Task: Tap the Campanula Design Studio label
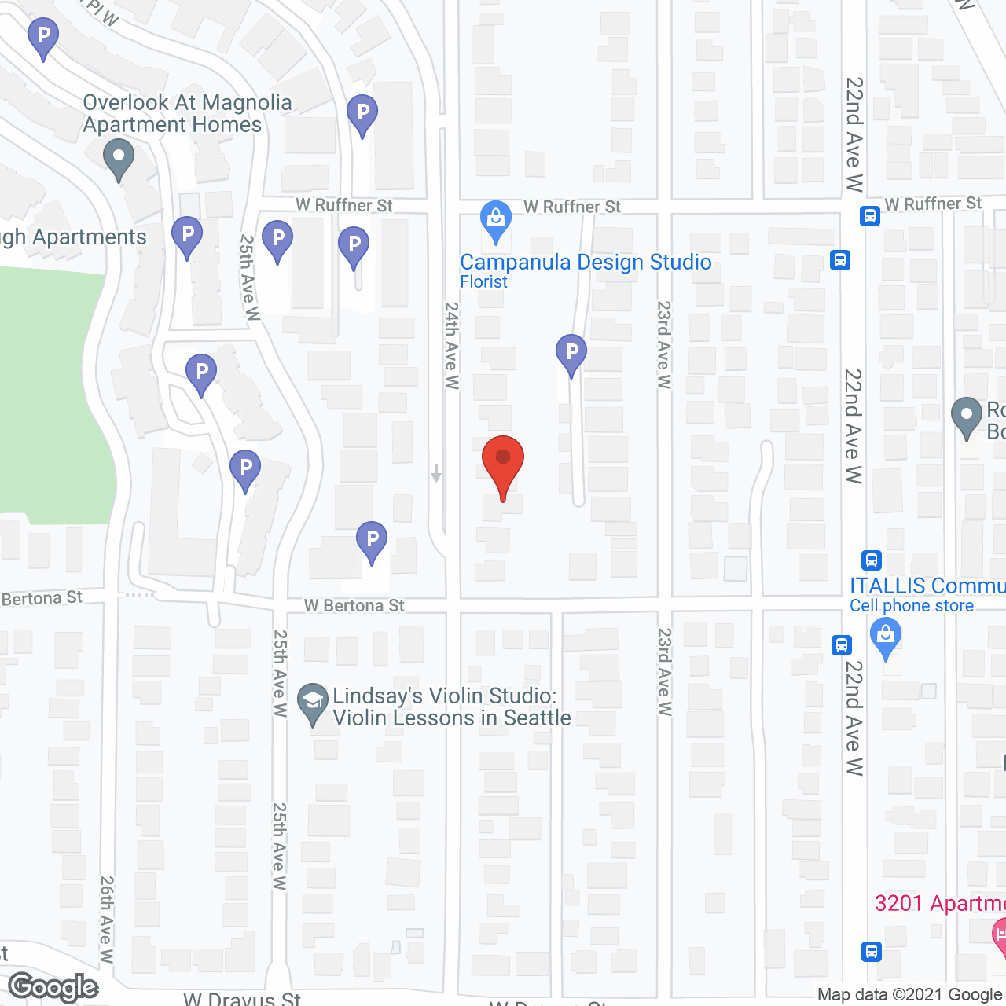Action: pos(586,262)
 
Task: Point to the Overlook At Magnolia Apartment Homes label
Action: pos(187,114)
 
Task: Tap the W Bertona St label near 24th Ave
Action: pos(354,605)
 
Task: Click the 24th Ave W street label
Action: pos(451,346)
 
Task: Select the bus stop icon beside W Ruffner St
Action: pos(869,215)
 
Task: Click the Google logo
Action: pos(53,987)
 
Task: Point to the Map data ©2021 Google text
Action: pos(910,995)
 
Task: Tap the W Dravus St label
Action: pos(242,998)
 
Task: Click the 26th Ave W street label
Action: pos(107,920)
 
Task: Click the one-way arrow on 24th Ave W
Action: pos(436,473)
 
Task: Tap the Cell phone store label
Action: pos(911,606)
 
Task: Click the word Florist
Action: pos(483,281)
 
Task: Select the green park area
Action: pos(51,393)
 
